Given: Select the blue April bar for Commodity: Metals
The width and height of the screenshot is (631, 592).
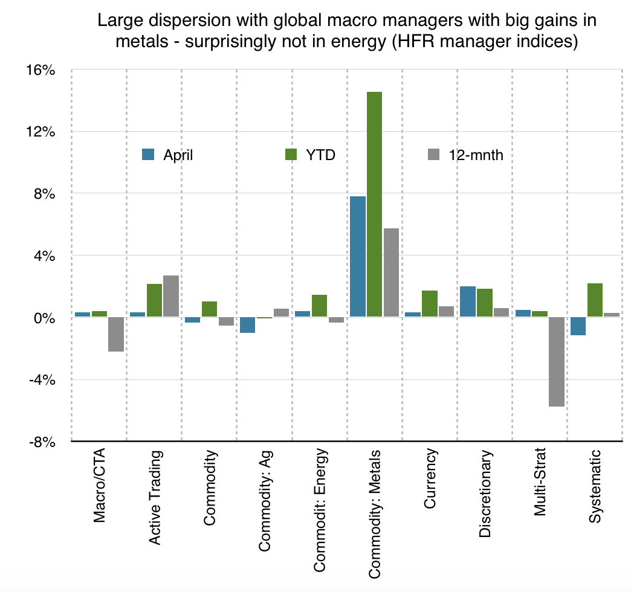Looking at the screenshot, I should pyautogui.click(x=357, y=256).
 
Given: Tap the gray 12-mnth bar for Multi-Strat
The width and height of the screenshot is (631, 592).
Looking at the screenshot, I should pyautogui.click(x=556, y=362).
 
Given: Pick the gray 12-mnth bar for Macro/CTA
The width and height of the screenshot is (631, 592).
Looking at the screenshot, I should pyautogui.click(x=115, y=334).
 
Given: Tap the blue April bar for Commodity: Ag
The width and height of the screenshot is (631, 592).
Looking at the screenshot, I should pyautogui.click(x=247, y=325).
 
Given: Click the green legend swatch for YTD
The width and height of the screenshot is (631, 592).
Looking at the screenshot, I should pyautogui.click(x=291, y=155).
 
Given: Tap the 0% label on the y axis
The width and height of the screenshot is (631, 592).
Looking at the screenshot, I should pyautogui.click(x=45, y=318).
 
